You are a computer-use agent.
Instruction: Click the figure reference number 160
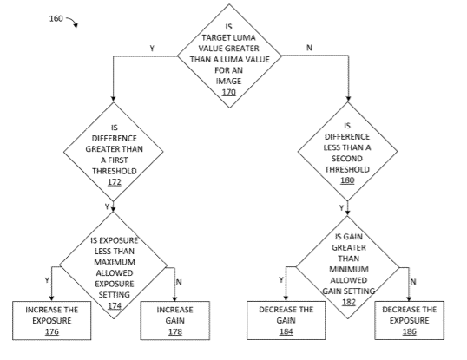(56, 18)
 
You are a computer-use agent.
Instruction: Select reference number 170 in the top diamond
(229, 92)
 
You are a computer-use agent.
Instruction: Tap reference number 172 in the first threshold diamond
(115, 182)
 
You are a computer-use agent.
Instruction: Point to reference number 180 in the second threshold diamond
(347, 180)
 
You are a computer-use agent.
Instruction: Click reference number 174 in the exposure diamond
(115, 305)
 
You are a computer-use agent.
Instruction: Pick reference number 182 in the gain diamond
(349, 302)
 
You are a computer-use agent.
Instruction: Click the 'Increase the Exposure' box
(52, 320)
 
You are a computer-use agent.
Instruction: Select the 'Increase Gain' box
(175, 320)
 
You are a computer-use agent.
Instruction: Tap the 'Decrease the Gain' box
(286, 320)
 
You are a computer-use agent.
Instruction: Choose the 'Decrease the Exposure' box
(409, 320)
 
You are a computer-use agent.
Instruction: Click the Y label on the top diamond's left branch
(152, 49)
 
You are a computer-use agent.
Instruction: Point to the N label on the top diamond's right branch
(309, 48)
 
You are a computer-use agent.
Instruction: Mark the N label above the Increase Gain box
(179, 282)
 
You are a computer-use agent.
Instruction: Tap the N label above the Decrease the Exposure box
(413, 281)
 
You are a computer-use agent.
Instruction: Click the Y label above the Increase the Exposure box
(47, 280)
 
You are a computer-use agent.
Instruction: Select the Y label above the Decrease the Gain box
(281, 279)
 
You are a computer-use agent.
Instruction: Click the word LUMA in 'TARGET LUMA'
(244, 38)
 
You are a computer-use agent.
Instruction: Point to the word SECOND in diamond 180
(347, 158)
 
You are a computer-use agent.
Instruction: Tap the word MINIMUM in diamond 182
(349, 269)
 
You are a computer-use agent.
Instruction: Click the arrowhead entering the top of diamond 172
(113, 99)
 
